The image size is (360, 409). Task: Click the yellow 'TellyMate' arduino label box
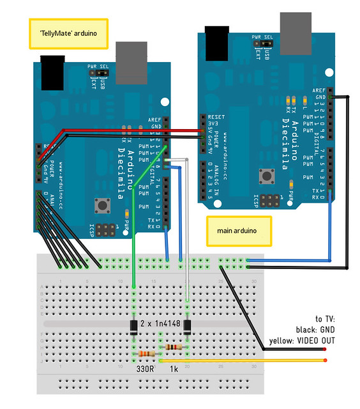coord(68,33)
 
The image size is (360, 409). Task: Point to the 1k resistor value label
coord(174,369)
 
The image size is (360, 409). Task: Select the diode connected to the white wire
coord(188,327)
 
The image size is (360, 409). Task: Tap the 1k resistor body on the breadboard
coord(173,347)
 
